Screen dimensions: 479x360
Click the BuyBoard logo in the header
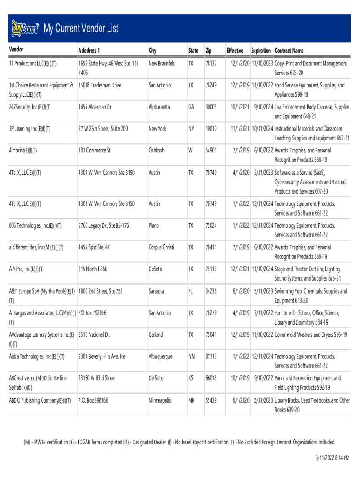pos(25,29)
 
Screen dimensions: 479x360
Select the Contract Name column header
pos(289,51)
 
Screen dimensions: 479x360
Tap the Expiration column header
pos(260,51)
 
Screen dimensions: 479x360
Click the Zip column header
pos(209,51)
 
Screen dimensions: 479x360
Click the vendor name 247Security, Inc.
pos(30,107)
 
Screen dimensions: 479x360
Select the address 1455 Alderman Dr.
pos(95,107)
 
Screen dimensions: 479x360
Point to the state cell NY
pos(191,129)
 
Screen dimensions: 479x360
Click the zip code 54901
pos(211,151)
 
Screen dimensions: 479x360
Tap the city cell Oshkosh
pos(157,151)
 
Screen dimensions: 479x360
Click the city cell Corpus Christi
pos(161,247)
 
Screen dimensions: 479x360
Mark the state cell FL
pos(190,291)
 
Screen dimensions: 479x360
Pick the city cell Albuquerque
pos(160,356)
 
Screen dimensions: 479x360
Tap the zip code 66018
pos(211,378)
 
